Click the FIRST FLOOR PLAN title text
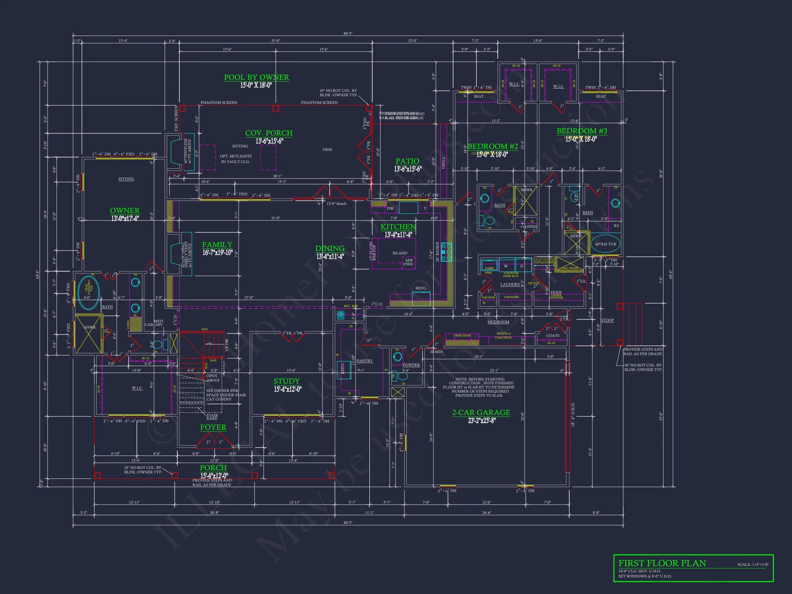click(662, 563)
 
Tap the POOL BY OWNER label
click(256, 77)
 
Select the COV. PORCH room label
click(268, 133)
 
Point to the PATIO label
click(407, 161)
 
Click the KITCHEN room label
click(398, 227)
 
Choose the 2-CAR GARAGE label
click(481, 412)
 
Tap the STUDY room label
click(286, 381)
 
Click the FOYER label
click(213, 427)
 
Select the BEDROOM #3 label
click(582, 131)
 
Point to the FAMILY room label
click(217, 244)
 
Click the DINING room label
click(329, 249)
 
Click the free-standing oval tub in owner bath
click(88, 293)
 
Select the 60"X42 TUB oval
click(605, 244)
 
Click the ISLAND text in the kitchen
click(399, 253)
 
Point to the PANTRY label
click(364, 361)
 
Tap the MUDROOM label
click(498, 322)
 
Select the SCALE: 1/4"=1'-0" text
click(752, 565)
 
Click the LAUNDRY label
click(510, 284)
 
